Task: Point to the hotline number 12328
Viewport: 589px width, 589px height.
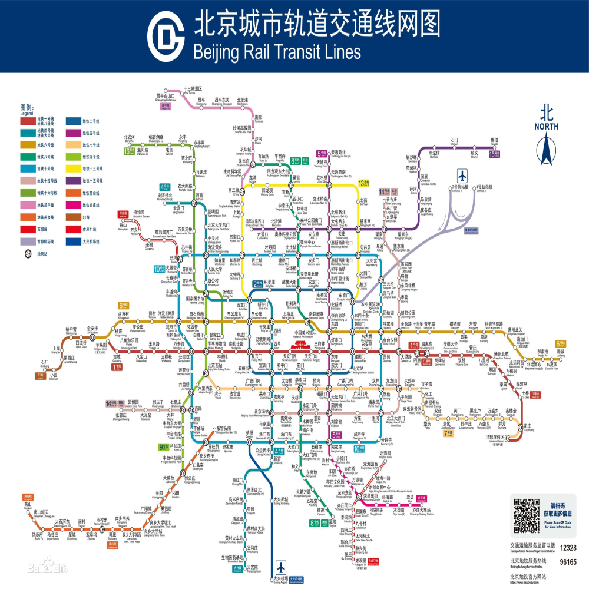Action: (568, 548)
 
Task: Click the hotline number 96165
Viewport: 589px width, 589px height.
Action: (568, 562)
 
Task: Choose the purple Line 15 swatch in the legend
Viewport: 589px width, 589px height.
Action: (72, 180)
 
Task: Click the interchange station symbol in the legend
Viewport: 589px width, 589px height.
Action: (27, 254)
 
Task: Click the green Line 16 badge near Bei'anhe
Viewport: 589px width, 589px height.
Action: (130, 151)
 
